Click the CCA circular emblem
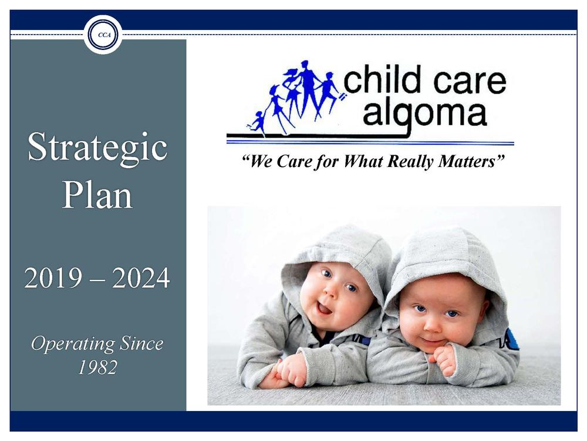point(103,35)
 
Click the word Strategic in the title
point(97,148)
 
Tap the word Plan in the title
point(97,195)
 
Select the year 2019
point(53,278)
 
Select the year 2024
point(141,278)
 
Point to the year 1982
point(97,367)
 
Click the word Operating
point(73,344)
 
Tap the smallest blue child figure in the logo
point(258,122)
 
